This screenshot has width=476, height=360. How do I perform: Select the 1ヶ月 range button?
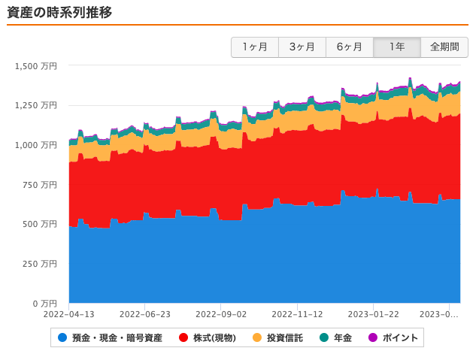[255, 47]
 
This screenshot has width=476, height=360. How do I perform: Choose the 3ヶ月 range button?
[302, 47]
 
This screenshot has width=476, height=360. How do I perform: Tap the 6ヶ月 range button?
[350, 47]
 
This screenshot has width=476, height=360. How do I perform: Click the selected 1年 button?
[397, 47]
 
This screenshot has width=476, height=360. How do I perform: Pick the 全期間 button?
[444, 47]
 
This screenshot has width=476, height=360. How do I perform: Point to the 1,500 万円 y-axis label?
[35, 66]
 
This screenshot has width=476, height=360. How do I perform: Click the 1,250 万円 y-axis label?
[35, 105]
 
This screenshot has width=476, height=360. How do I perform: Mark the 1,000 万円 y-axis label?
[35, 145]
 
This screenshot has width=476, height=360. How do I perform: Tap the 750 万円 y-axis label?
[41, 185]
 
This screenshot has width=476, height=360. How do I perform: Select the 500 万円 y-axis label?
[41, 224]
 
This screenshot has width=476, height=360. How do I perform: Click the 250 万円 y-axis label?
[41, 264]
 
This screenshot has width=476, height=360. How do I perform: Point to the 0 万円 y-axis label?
[44, 304]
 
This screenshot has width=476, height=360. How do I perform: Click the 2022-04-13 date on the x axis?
[68, 315]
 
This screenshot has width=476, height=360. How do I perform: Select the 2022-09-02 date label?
[221, 315]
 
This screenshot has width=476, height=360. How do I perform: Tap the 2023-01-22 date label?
[374, 315]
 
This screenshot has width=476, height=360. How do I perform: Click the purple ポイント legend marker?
[373, 338]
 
